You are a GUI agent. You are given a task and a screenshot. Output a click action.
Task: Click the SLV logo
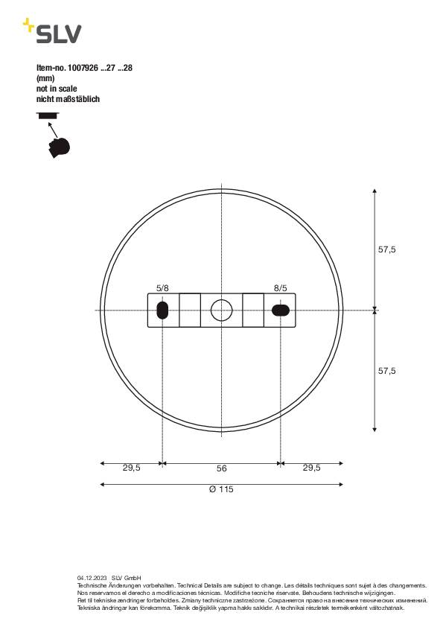[x=52, y=32]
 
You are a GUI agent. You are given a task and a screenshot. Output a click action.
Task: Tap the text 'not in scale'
[x=57, y=88]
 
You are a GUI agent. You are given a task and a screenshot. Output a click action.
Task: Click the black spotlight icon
[x=58, y=146]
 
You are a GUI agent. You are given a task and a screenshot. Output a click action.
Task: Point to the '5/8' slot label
[x=162, y=287]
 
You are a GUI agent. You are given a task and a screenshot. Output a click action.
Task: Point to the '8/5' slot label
[x=280, y=287]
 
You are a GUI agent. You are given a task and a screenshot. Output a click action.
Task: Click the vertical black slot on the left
[x=162, y=310]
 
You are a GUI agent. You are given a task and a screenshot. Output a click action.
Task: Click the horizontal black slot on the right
[x=281, y=310]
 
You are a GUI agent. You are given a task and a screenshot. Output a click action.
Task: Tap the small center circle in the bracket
[x=221, y=310]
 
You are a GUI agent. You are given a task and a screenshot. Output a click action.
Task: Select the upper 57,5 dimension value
[x=386, y=250]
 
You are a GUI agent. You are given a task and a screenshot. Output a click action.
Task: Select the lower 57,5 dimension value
[x=386, y=370]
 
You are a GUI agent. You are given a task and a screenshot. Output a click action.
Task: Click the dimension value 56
[x=221, y=468]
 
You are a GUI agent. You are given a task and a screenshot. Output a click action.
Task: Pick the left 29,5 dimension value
[x=131, y=468]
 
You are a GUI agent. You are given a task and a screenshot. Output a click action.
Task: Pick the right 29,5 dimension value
[x=311, y=468]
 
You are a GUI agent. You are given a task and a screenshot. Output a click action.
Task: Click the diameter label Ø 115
[x=221, y=489]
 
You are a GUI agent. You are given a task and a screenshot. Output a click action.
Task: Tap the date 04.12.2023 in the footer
[x=92, y=578]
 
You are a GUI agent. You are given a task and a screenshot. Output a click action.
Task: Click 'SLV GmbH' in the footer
[x=127, y=578]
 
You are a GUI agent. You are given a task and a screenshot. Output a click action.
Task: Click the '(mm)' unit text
[x=45, y=77]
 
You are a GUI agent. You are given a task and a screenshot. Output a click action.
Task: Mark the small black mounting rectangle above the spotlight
[x=47, y=115]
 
